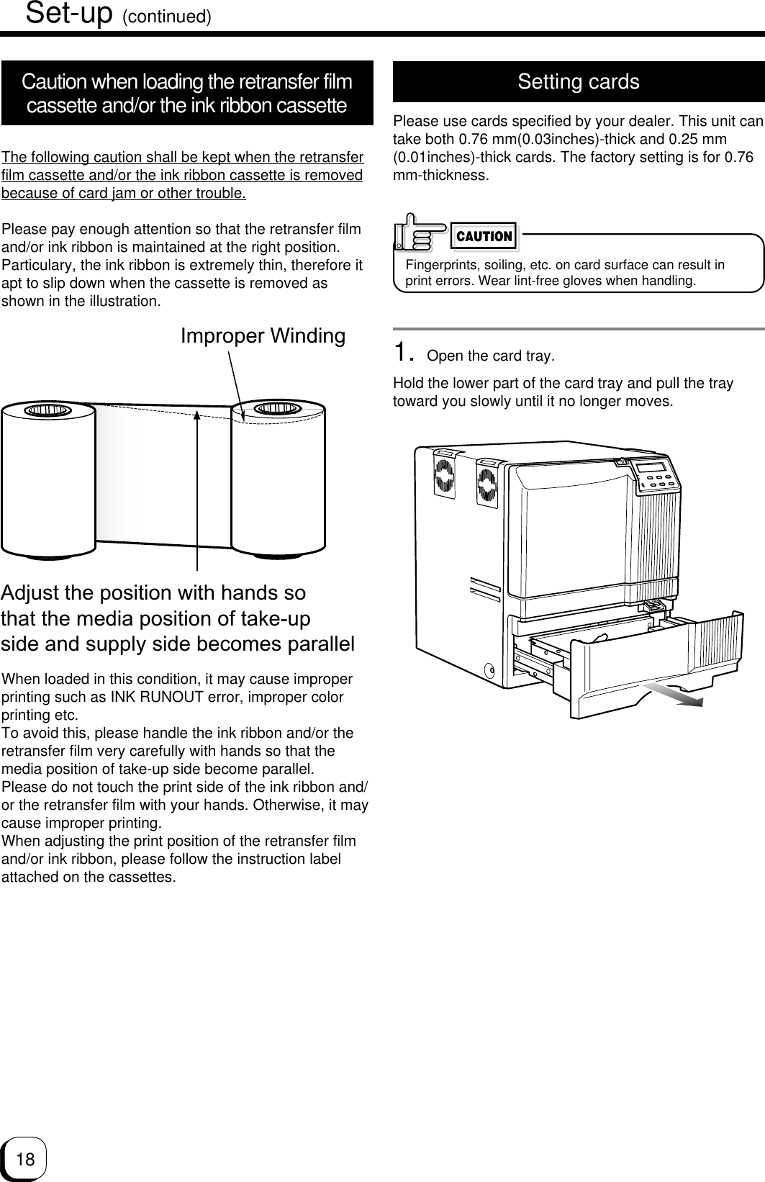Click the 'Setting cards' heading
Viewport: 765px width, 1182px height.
coord(578,82)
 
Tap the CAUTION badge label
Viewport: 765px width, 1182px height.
coord(485,236)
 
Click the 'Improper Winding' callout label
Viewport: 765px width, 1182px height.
coord(263,336)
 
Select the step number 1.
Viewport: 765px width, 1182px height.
coord(404,353)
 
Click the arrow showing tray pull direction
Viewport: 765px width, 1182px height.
coord(673,696)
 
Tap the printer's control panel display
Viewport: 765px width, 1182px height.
coord(654,469)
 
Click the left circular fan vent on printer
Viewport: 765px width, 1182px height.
coord(444,479)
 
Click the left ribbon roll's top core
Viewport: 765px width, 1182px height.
coord(47,411)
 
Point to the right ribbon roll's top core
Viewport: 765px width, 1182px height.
coord(278,410)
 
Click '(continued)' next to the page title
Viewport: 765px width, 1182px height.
coord(166,17)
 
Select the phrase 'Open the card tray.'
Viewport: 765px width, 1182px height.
coord(491,357)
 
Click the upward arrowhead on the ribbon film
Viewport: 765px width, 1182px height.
coord(197,414)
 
